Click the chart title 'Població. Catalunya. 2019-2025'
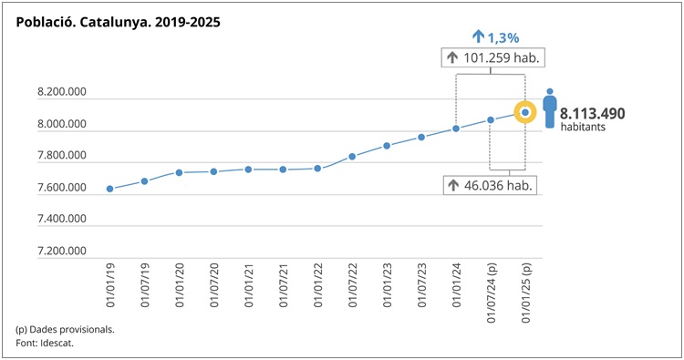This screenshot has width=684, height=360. (118, 20)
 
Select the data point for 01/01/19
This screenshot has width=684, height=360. (110, 189)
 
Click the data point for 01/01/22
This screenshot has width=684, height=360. (317, 169)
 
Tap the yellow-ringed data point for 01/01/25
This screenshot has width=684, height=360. (525, 112)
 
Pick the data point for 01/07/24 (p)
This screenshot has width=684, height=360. (491, 119)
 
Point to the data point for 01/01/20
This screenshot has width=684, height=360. (180, 172)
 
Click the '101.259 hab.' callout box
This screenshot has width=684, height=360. (492, 58)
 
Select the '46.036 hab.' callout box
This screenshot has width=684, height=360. (490, 185)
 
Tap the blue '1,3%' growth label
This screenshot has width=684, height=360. (496, 37)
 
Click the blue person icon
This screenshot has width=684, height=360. (549, 108)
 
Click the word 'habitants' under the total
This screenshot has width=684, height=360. (583, 128)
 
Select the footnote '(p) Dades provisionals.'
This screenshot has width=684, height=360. (65, 328)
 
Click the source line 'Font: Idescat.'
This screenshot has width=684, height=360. (45, 343)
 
